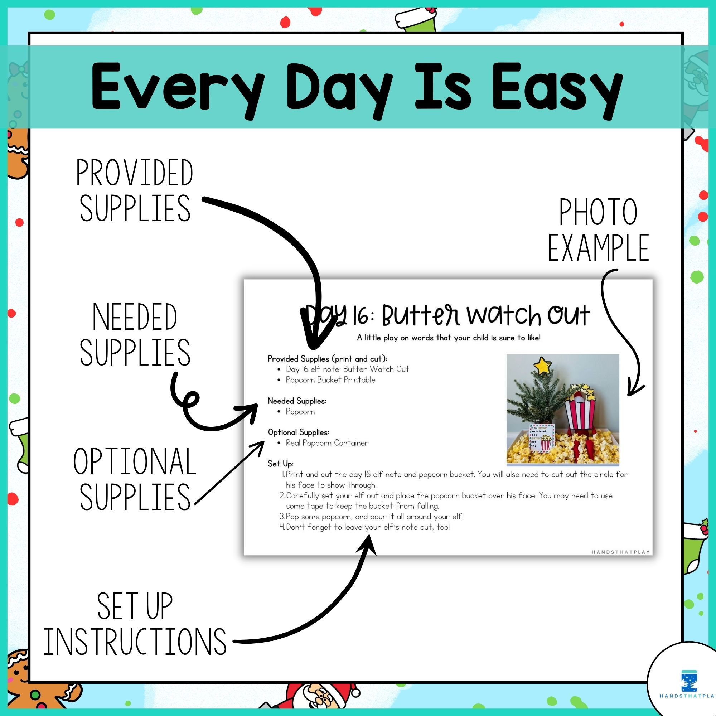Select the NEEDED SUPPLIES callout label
pyautogui.click(x=135, y=334)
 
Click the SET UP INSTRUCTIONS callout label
pyautogui.click(x=135, y=623)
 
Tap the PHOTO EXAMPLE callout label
pyautogui.click(x=598, y=230)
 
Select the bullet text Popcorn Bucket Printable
pyautogui.click(x=330, y=380)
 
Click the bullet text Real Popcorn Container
pyautogui.click(x=327, y=443)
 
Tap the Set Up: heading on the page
pyautogui.click(x=281, y=464)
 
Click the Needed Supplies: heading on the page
pyautogui.click(x=297, y=401)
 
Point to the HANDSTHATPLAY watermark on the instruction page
pyautogui.click(x=620, y=552)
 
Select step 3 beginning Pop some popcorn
pyautogui.click(x=374, y=517)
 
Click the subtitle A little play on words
pyautogui.click(x=449, y=338)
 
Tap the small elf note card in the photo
pyautogui.click(x=541, y=438)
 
